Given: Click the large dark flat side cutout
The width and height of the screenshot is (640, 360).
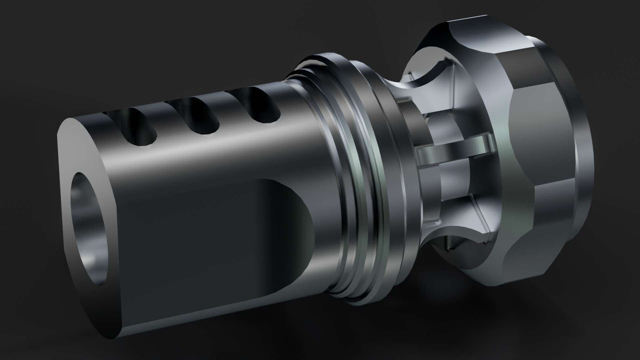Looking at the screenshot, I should pyautogui.click(x=207, y=233).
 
